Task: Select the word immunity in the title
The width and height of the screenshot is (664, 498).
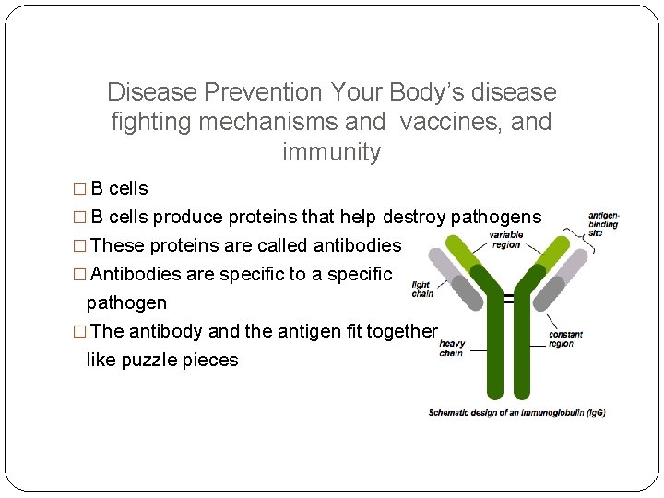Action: (331, 152)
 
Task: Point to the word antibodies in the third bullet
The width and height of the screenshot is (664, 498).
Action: (357, 245)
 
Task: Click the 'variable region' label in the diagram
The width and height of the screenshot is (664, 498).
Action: (506, 239)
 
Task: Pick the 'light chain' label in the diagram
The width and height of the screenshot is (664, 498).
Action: (422, 290)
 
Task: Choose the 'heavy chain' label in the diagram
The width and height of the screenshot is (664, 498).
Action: (451, 348)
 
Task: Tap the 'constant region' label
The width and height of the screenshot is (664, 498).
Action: (565, 338)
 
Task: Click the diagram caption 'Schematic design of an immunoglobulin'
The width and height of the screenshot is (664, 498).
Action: (516, 412)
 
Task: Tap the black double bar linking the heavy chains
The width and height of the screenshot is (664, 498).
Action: (508, 298)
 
